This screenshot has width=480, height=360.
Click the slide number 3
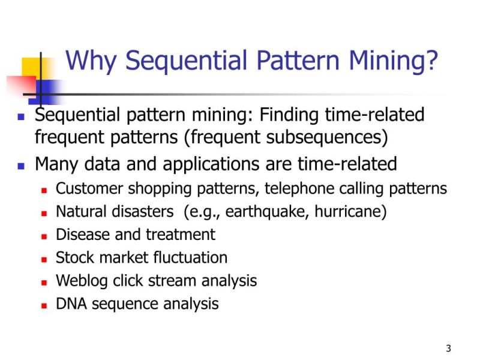(448, 349)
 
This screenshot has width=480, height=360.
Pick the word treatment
(181, 235)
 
